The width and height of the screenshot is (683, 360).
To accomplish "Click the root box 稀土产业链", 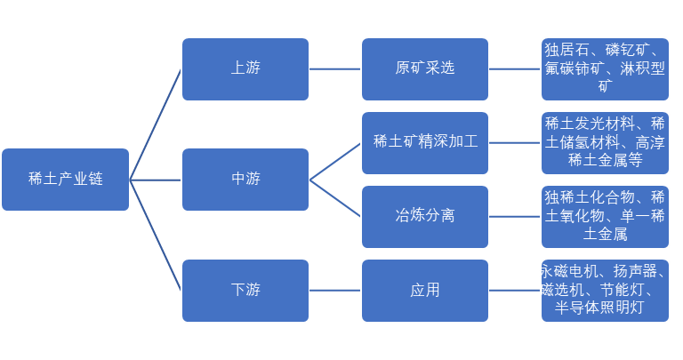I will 65,180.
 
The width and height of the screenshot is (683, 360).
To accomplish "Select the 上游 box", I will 245,68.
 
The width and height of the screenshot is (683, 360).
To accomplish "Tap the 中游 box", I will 245,180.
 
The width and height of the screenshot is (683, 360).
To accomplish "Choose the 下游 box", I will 245,290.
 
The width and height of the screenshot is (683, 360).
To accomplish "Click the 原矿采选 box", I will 425,68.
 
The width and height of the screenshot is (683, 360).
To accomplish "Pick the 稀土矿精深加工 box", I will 425,142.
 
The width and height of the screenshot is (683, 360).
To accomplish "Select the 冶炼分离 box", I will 425,216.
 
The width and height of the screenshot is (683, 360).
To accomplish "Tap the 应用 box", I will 425,290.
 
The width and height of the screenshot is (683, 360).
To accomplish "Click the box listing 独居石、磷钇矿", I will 605,68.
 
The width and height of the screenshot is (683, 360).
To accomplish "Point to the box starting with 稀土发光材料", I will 605,142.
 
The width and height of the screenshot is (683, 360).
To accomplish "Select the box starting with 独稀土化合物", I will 605,216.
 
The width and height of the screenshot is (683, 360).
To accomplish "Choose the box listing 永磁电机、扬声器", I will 605,290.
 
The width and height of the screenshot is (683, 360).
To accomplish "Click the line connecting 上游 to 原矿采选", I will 335,68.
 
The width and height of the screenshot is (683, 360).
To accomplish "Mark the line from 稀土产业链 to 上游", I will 156,124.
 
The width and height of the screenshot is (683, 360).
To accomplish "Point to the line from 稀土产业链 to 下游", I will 156,235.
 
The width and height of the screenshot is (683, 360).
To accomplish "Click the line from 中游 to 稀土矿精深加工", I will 335,161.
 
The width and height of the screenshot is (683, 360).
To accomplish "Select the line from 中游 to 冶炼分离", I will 335,198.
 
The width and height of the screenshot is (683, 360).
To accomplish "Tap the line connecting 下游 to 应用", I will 335,290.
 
